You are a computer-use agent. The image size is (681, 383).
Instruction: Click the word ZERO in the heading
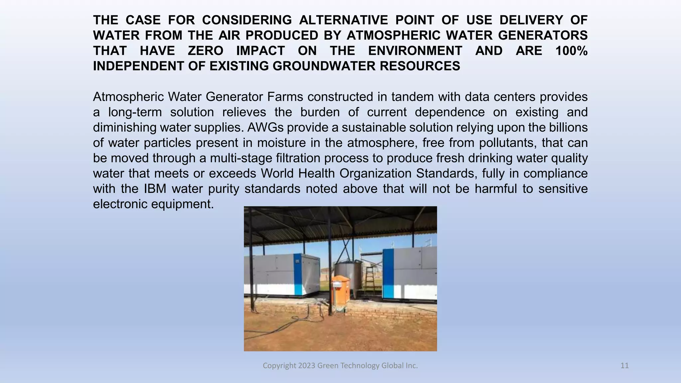tap(205, 51)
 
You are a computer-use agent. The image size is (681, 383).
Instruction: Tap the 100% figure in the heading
tap(571, 51)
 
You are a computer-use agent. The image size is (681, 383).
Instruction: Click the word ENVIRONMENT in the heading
tap(415, 51)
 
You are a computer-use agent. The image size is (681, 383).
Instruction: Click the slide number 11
tap(624, 366)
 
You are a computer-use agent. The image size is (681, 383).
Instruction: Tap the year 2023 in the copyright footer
tap(307, 366)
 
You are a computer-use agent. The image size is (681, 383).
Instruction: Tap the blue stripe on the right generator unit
tap(388, 274)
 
